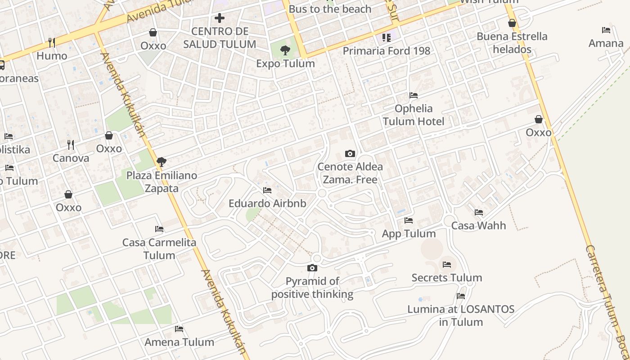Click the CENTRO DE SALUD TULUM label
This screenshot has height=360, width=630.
pos(220,38)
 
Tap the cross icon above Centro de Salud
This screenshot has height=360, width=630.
pos(220,18)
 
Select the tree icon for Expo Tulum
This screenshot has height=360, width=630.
pos(285,50)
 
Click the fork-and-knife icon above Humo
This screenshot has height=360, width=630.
pos(52,43)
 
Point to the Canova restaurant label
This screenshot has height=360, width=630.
pos(71,158)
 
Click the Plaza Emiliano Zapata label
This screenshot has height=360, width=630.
pos(162,182)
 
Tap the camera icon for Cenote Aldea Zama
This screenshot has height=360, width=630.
pos(350,154)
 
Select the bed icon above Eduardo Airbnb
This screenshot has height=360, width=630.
pos(267,190)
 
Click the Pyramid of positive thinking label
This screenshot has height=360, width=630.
pos(312,288)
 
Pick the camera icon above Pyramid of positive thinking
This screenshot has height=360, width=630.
pos(312,268)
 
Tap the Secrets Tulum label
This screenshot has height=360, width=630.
pos(446,278)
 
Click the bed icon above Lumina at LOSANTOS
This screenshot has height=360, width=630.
pos(461,296)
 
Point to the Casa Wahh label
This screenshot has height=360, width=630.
pos(478,225)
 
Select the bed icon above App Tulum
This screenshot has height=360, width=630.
pos(409,220)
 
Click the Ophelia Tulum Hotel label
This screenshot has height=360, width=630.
pos(414,115)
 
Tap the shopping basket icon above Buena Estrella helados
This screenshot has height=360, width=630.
pos(512,23)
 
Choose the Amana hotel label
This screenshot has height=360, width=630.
pos(606,43)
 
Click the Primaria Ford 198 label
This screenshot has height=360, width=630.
pos(387,51)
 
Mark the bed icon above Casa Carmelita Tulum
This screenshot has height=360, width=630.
pos(159,229)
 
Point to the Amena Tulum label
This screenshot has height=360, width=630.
pos(179,342)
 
